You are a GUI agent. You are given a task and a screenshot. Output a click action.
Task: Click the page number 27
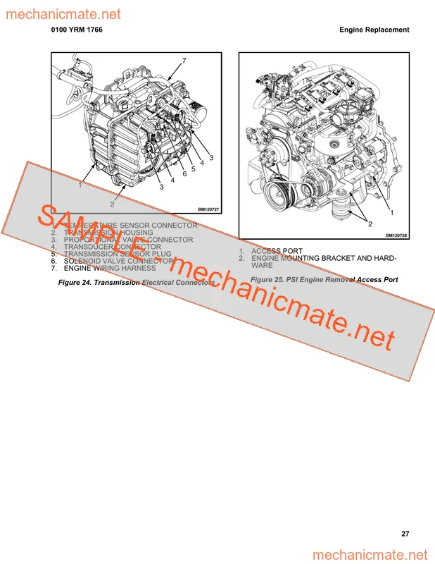tap(405, 534)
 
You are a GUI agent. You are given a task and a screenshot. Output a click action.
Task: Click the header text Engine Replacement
tap(374, 30)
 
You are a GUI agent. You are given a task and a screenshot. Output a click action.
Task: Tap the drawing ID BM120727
tap(209, 209)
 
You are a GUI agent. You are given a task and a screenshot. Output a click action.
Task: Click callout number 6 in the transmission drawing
tap(183, 173)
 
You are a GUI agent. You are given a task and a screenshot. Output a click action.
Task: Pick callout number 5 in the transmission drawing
tap(192, 168)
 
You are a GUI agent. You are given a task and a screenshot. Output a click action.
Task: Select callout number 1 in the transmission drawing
tap(80, 185)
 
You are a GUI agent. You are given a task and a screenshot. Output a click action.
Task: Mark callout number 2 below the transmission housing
tap(111, 204)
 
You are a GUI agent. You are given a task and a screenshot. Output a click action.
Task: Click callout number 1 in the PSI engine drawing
tap(391, 211)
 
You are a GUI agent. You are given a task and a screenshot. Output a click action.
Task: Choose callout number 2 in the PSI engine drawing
tap(369, 223)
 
